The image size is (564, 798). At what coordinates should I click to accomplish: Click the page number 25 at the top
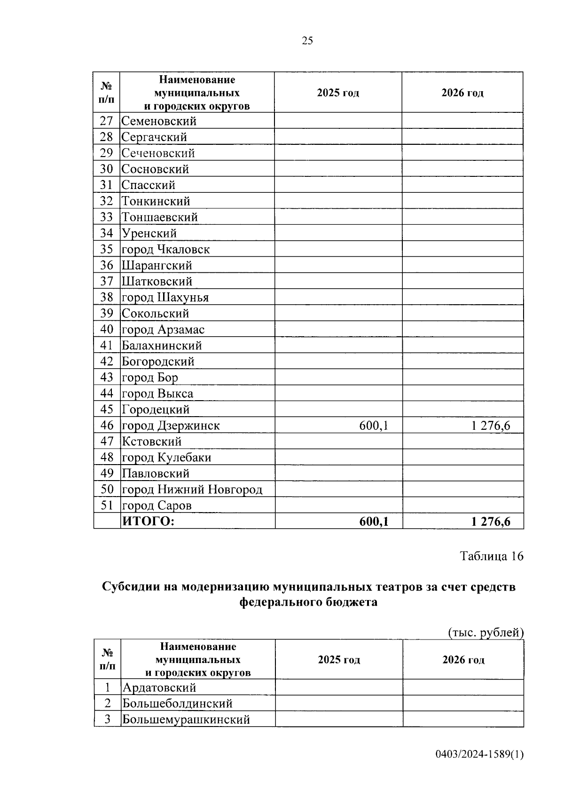(307, 41)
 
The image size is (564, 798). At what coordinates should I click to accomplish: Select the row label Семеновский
(159, 121)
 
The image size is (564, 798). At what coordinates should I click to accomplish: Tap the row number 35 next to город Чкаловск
(107, 249)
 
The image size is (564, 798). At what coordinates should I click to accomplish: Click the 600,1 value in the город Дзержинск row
(374, 426)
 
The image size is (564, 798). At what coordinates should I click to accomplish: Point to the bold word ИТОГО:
(148, 521)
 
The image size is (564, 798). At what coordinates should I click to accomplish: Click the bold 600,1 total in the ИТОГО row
(374, 521)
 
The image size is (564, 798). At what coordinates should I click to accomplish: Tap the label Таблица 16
(491, 556)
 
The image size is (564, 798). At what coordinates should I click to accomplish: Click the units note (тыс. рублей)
(486, 633)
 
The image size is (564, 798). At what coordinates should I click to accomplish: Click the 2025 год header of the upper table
(338, 93)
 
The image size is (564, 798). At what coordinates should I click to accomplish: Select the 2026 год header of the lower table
(463, 660)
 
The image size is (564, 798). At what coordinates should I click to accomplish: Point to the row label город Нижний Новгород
(192, 490)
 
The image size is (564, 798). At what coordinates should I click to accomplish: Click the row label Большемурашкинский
(186, 719)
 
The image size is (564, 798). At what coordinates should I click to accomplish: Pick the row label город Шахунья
(165, 298)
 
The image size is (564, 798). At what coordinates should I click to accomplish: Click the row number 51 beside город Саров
(107, 506)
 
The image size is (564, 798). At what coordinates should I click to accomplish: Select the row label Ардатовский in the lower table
(159, 688)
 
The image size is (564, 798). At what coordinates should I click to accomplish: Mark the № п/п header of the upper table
(107, 93)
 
